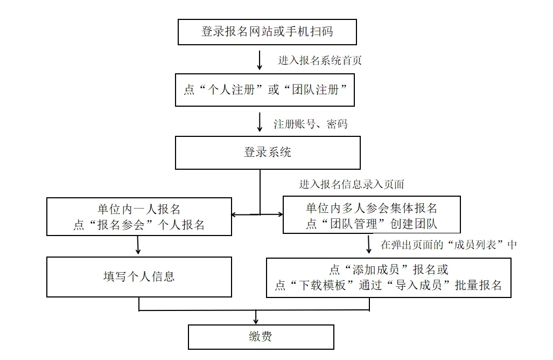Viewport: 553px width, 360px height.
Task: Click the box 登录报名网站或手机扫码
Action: coord(267,32)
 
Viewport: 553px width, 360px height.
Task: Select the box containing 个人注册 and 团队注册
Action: coord(265,90)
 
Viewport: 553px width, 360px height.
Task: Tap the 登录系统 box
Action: coord(268,153)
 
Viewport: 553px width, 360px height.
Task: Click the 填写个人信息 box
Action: coord(139,276)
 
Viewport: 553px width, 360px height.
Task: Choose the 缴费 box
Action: coord(261,337)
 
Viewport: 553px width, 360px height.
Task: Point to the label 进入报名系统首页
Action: coord(320,60)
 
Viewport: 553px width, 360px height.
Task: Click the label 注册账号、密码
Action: coord(310,124)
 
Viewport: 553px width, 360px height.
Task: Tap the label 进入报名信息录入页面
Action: coord(352,184)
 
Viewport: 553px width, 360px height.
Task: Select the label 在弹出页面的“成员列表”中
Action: coord(449,245)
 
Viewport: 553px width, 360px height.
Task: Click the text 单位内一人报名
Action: coord(139,209)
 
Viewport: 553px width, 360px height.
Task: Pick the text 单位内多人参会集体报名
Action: coord(372,208)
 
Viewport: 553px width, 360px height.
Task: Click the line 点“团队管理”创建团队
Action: coord(372,224)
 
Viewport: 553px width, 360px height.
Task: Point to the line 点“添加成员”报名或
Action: coord(389,269)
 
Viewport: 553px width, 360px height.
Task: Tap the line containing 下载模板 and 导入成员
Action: coord(388,285)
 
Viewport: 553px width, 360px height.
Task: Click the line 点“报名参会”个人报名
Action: coord(139,225)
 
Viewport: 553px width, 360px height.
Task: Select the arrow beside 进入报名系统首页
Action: coord(260,60)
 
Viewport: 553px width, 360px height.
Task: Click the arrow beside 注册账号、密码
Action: coord(260,122)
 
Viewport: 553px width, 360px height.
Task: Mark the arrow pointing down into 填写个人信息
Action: coord(138,245)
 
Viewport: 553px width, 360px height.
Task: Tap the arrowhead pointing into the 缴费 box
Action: coord(256,321)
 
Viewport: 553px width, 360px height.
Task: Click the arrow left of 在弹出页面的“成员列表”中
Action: coord(369,244)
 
